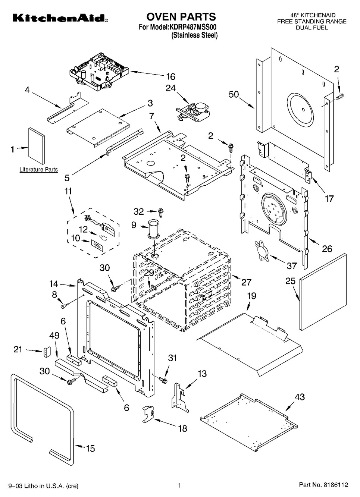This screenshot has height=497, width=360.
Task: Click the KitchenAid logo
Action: click(56, 18)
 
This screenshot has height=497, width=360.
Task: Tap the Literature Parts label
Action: click(38, 170)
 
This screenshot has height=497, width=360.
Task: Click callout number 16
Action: click(170, 77)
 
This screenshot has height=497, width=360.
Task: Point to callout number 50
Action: click(234, 95)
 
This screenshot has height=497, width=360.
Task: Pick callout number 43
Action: click(300, 397)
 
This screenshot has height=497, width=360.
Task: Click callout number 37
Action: click(291, 265)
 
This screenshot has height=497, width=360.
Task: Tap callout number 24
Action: click(170, 88)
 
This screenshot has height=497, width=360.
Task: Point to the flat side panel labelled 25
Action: click(323, 292)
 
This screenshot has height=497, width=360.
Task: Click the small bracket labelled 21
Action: click(47, 351)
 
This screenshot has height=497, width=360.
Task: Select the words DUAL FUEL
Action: click(312, 28)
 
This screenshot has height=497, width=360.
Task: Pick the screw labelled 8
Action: click(63, 306)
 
